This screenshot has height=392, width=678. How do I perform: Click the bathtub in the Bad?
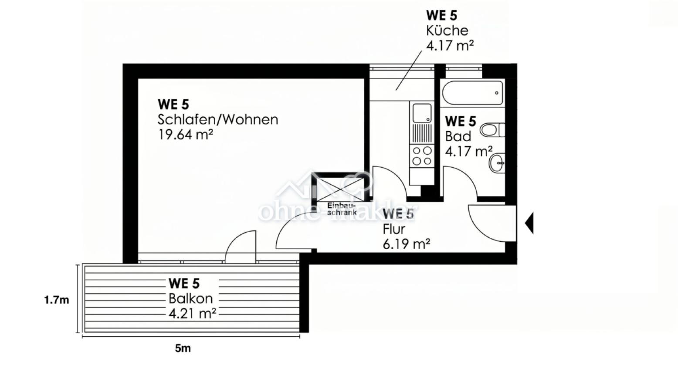click(x=472, y=92)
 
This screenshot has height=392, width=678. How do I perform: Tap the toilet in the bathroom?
click(x=492, y=130)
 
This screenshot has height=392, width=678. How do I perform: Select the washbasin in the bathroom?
click(x=497, y=163)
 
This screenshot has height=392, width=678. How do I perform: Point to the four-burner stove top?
click(x=422, y=155)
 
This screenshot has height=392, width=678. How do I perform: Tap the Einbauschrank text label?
click(x=342, y=209)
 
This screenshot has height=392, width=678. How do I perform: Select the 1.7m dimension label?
click(x=57, y=300)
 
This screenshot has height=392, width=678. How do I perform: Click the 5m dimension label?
click(x=183, y=348)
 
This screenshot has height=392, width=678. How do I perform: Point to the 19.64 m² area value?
click(x=185, y=135)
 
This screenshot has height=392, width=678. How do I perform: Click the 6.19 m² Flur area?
click(x=406, y=244)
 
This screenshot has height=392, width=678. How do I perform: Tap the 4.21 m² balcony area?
click(x=192, y=313)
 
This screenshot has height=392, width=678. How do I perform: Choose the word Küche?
click(x=447, y=30)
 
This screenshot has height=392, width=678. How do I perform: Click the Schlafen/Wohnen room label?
click(x=217, y=120)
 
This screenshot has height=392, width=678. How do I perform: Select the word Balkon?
click(x=191, y=298)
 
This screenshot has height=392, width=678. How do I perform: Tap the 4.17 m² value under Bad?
click(x=469, y=151)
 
